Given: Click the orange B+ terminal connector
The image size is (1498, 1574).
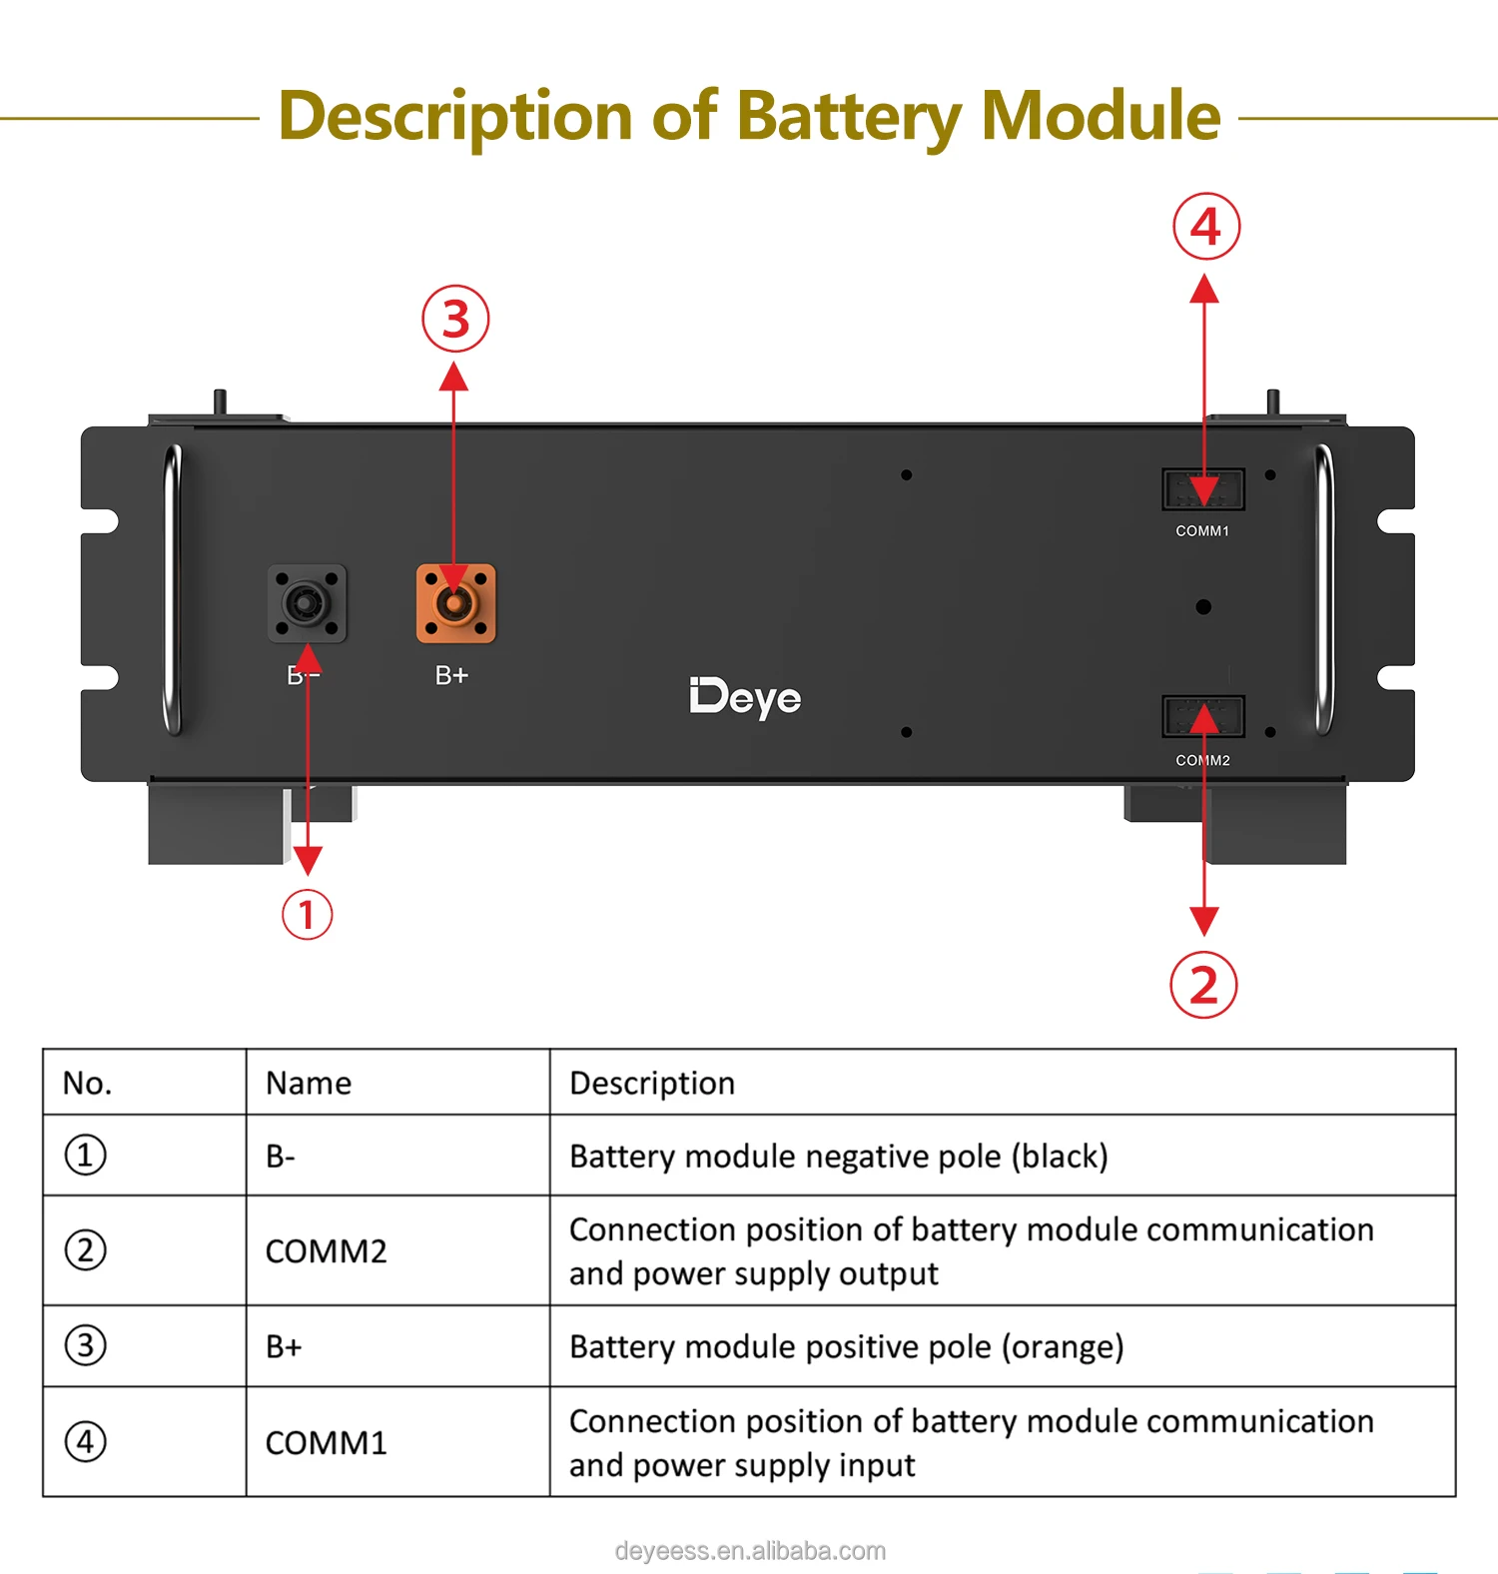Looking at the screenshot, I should (x=455, y=604).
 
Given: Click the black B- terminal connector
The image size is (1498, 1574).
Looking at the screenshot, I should (x=307, y=604).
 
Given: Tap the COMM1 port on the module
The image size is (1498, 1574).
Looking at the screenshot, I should (x=1202, y=489).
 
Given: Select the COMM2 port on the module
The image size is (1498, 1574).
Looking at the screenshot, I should (x=1202, y=717).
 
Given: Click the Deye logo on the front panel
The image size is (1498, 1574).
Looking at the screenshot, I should (x=745, y=698).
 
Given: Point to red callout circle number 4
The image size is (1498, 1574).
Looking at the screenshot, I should (x=1206, y=227).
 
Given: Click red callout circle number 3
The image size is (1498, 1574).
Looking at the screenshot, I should (x=455, y=320).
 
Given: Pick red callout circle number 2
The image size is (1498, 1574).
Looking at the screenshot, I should (x=1203, y=985).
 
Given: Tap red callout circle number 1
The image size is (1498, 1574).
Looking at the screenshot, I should (x=307, y=915).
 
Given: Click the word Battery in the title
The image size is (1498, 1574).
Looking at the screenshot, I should (x=848, y=117).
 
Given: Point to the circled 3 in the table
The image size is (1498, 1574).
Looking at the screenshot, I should (x=85, y=1345).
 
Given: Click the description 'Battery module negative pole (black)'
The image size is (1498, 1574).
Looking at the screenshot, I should (x=838, y=1156).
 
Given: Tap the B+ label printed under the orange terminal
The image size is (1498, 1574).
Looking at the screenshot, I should (x=451, y=676).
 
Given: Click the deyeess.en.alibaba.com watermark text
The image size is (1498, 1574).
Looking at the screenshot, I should (x=750, y=1551).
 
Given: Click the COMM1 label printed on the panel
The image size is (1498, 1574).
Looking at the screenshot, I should (x=1202, y=531).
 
